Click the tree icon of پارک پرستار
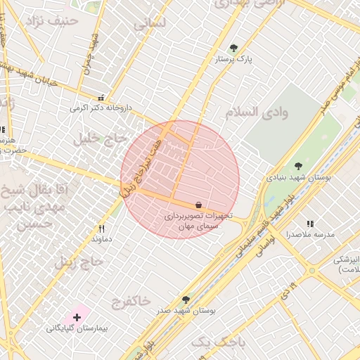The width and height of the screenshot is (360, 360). click(x=233, y=49)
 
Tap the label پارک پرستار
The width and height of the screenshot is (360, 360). click(x=233, y=60)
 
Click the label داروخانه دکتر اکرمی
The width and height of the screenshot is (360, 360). click(x=101, y=108)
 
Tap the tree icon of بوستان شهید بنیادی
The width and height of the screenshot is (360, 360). click(x=298, y=166)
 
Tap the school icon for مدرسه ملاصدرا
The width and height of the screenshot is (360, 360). click(x=310, y=224)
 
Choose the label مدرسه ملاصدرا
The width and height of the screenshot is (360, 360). click(x=310, y=234)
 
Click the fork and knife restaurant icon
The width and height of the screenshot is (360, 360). click(x=101, y=229)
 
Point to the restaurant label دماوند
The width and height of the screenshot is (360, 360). click(x=101, y=240)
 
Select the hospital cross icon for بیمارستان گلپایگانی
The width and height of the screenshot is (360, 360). click(x=77, y=317)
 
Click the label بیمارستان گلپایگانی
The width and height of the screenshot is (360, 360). click(x=77, y=328)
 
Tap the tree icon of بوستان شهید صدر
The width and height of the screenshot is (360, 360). click(x=186, y=299)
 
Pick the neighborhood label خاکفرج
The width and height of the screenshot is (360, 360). click(x=131, y=300)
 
